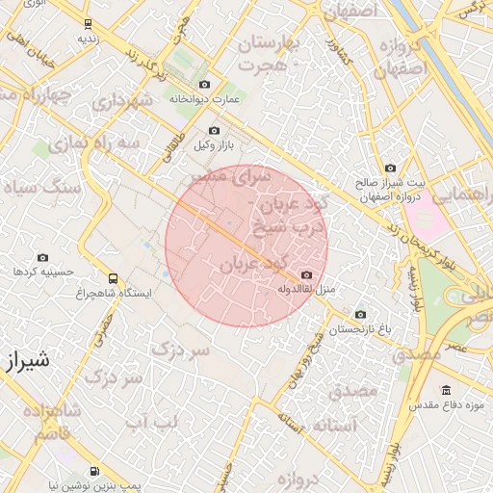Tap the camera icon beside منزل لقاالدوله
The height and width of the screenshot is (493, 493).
point(306,275)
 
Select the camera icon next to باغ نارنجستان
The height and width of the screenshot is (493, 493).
point(360,314)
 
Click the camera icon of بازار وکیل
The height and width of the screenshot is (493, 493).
point(214,131)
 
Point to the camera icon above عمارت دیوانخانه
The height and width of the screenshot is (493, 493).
point(202,85)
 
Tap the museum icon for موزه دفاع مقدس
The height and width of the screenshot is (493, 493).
point(446,390)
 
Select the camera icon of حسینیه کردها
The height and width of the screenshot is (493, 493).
point(42,258)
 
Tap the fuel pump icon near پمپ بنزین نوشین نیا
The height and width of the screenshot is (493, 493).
point(92,472)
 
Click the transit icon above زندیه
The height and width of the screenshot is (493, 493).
point(89,24)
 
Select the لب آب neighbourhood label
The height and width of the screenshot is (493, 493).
point(154,421)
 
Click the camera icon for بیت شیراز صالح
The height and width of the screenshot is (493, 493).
point(389,168)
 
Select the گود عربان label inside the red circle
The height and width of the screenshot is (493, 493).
point(250,263)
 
